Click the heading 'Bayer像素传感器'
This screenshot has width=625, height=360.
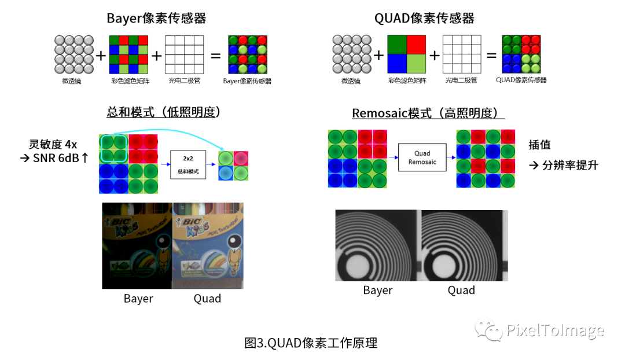(x=156, y=19)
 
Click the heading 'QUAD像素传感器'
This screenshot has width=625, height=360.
(x=424, y=19)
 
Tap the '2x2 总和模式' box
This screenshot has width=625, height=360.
(x=187, y=166)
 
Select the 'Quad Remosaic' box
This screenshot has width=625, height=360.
(x=422, y=157)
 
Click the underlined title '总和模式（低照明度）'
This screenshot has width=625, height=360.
(x=165, y=112)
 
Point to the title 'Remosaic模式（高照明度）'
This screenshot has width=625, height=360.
(x=428, y=113)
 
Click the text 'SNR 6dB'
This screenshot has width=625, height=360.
(x=56, y=157)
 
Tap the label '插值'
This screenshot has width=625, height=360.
(x=539, y=145)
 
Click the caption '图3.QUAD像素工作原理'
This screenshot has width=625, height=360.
(x=311, y=343)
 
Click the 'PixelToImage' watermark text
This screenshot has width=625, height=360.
(x=554, y=330)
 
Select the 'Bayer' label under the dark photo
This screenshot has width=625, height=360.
(x=138, y=299)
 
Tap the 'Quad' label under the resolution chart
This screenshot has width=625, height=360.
(x=461, y=290)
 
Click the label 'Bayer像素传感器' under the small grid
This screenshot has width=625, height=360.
(x=247, y=81)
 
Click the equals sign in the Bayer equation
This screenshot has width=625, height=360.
(x=215, y=56)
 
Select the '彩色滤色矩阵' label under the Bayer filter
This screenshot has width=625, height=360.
(x=130, y=81)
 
